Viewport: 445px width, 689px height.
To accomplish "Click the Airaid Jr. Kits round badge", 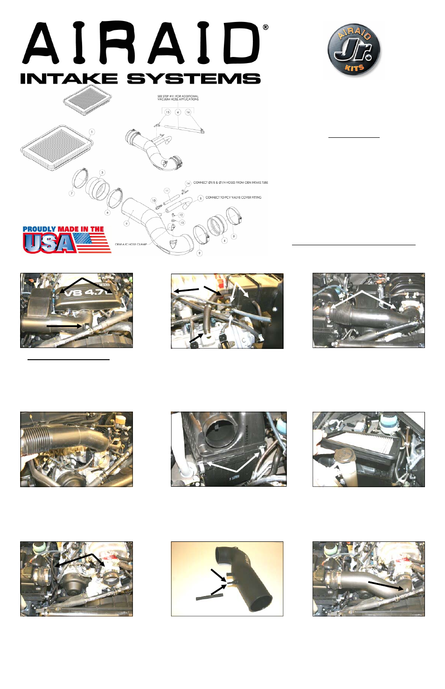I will pyautogui.click(x=354, y=50).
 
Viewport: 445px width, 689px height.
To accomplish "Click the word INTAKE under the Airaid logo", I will pyautogui.click(x=69, y=79).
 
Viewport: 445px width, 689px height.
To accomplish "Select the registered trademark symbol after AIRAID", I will pyautogui.click(x=265, y=28).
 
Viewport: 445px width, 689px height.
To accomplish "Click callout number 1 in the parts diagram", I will pyautogui.click(x=92, y=132).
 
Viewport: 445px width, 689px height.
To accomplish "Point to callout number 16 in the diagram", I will pyautogui.click(x=188, y=112).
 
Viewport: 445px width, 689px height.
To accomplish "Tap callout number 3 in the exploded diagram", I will pyautogui.click(x=102, y=172).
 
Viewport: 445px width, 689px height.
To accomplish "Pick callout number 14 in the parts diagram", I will pyautogui.click(x=188, y=183).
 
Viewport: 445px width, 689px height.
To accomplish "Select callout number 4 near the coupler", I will pyautogui.click(x=224, y=241).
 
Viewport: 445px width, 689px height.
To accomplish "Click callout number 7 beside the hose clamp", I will pyautogui.click(x=71, y=193).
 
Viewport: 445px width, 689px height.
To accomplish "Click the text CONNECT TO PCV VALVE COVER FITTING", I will pyautogui.click(x=233, y=198).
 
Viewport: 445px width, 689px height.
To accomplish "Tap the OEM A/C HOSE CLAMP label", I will pyautogui.click(x=131, y=244).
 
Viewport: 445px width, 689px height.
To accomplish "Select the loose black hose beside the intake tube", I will pyautogui.click(x=209, y=597).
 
